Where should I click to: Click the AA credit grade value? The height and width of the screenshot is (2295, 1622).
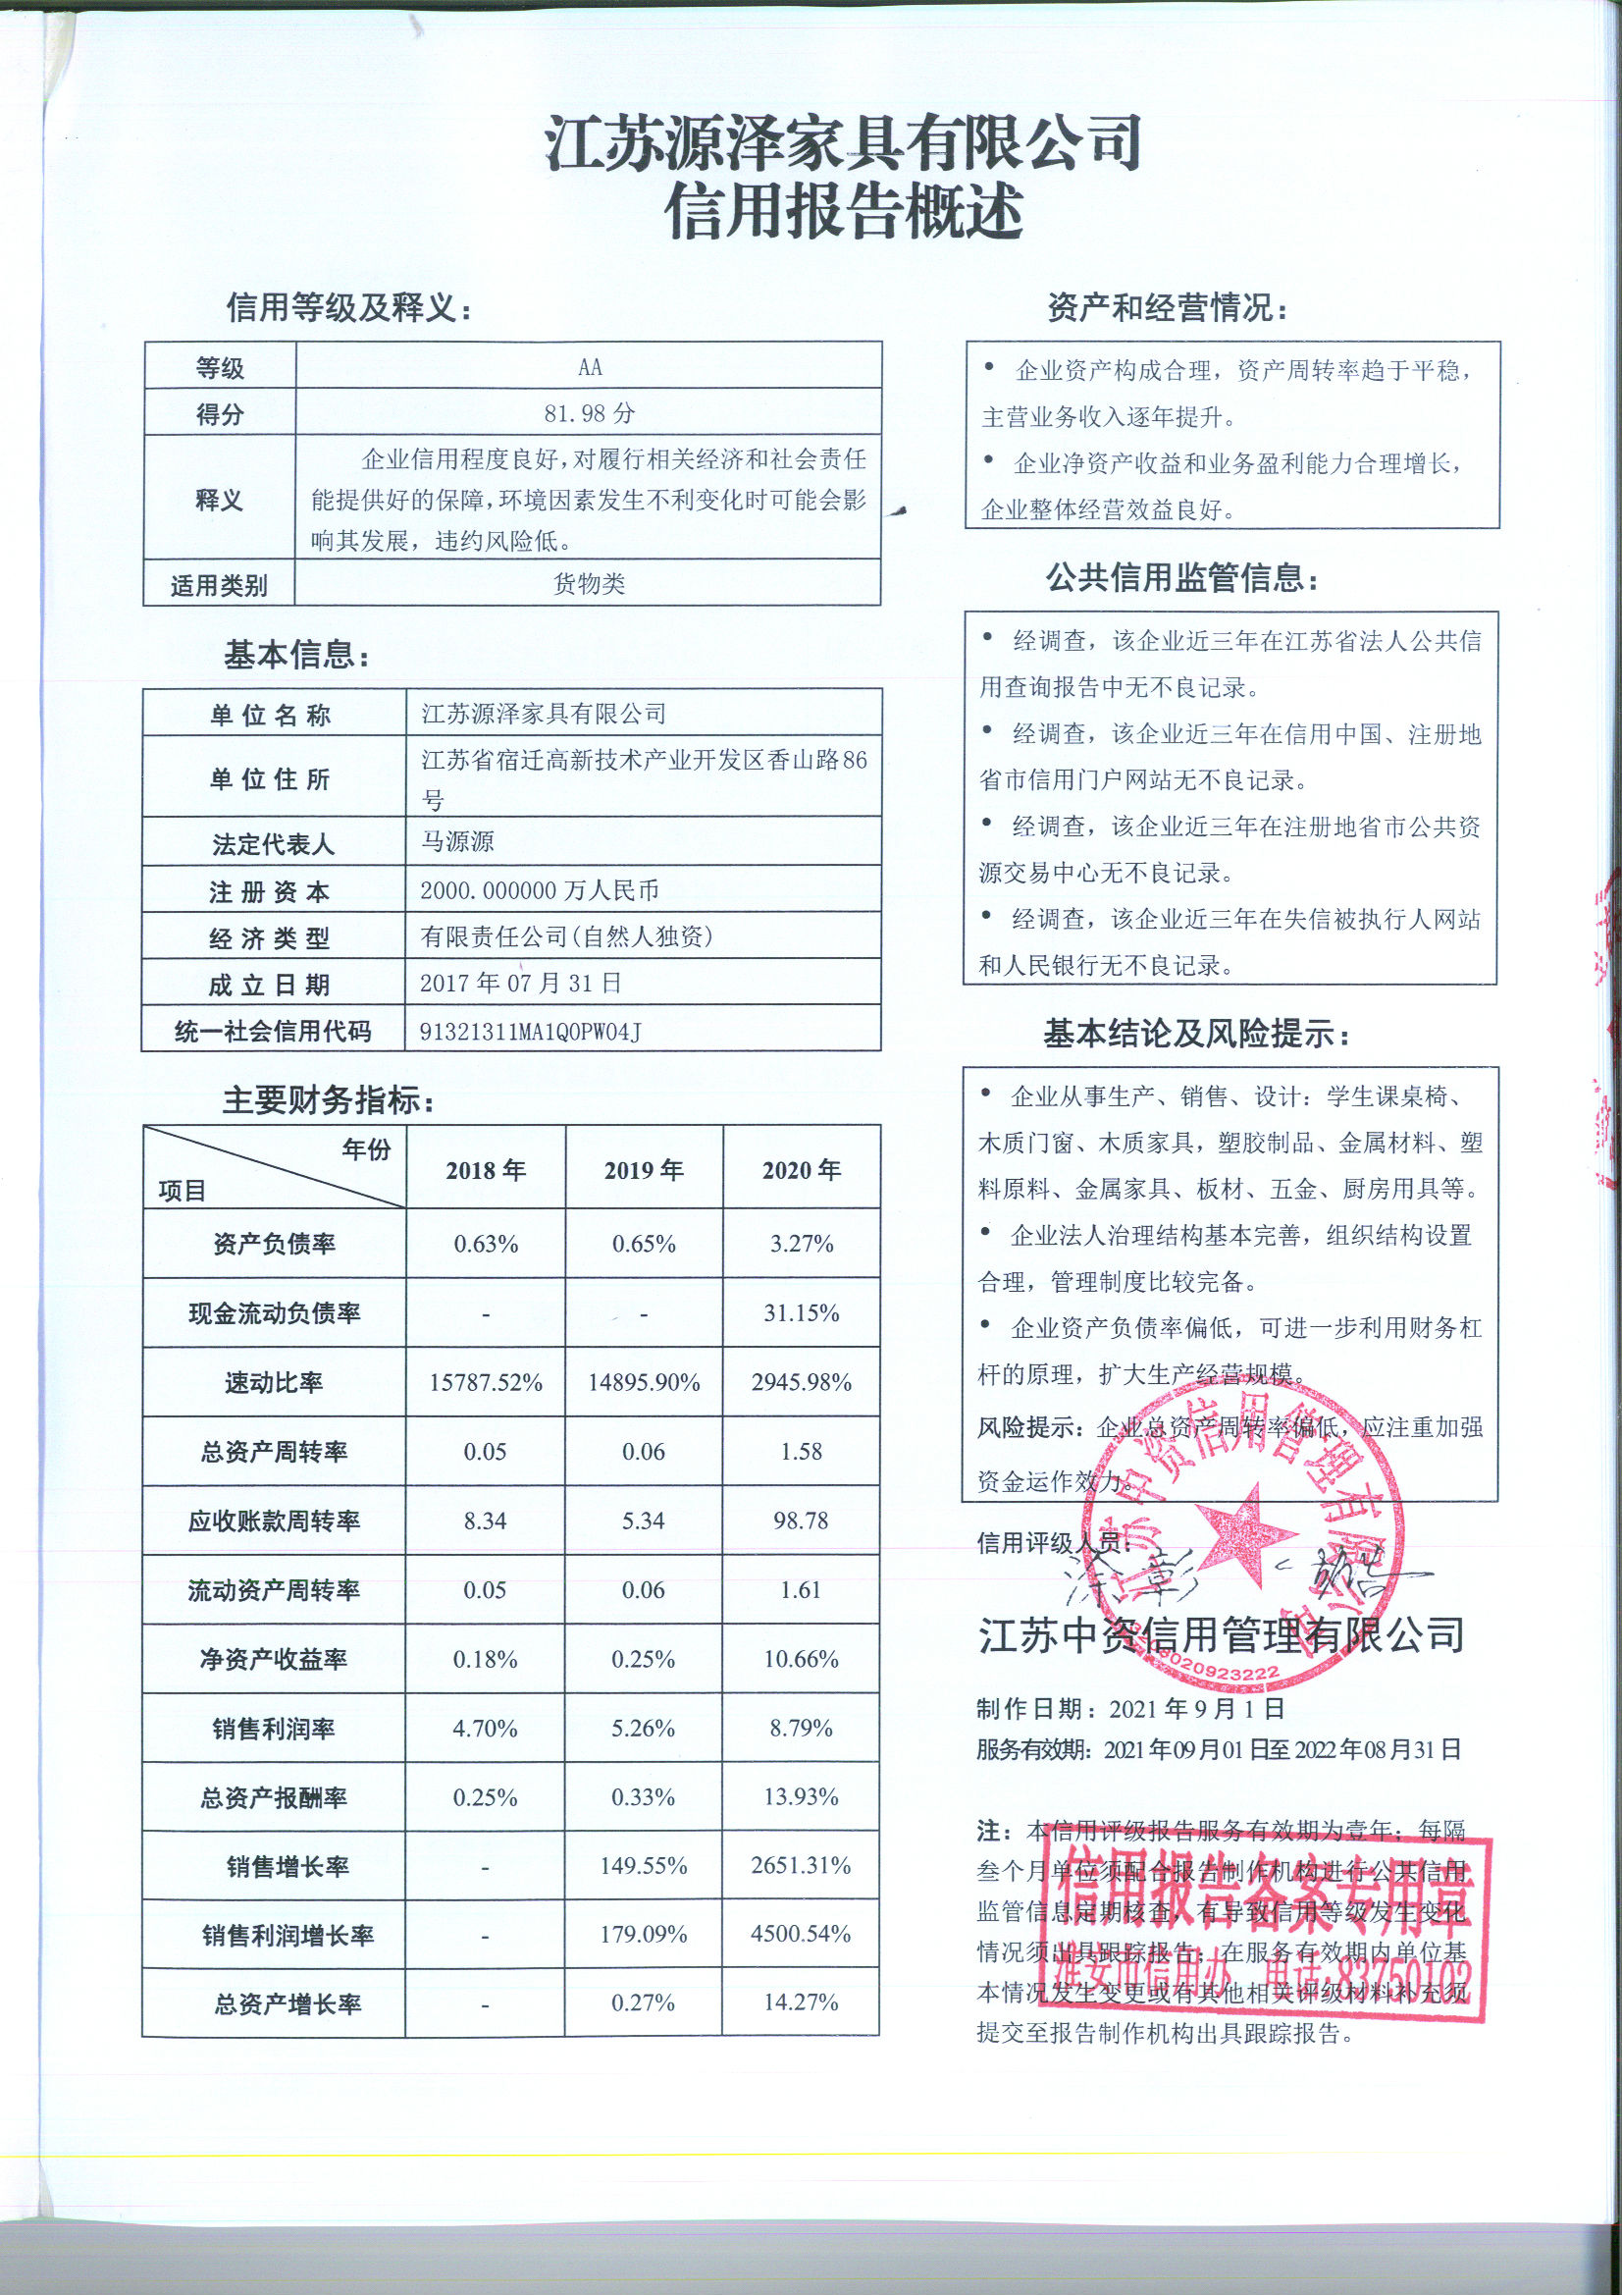point(590,367)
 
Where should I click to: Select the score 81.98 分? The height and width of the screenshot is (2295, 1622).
point(589,413)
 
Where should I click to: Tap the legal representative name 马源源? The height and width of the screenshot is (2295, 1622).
point(456,840)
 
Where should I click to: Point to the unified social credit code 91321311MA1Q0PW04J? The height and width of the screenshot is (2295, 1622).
point(530,1032)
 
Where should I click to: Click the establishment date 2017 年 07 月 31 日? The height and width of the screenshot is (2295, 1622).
point(520,983)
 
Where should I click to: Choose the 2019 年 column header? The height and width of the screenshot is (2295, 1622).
point(644,1169)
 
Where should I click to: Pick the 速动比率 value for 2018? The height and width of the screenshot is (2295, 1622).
point(486,1382)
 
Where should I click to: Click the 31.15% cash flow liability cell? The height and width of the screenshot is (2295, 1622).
point(802,1312)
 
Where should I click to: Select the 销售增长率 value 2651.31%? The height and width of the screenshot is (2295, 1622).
point(802,1865)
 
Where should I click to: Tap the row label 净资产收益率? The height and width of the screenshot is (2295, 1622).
point(274,1659)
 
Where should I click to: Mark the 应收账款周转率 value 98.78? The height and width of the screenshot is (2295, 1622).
point(802,1521)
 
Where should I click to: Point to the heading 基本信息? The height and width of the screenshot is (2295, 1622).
point(296,656)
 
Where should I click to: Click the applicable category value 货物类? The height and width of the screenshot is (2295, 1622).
point(589,584)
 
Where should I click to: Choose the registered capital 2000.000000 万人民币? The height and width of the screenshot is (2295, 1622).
point(539,889)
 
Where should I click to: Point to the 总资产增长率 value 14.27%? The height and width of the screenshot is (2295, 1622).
point(802,2002)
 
